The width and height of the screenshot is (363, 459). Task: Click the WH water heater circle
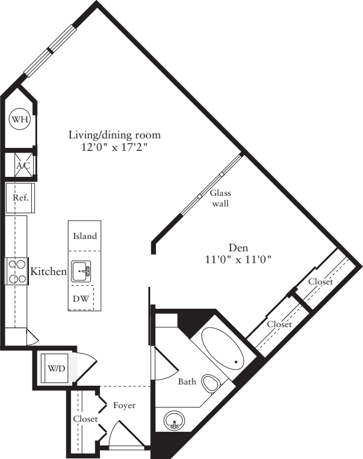[20, 120]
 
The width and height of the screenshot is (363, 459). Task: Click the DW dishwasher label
[81, 299]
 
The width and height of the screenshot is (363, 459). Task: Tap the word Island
[85, 236]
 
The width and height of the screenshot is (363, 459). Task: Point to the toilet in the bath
[209, 383]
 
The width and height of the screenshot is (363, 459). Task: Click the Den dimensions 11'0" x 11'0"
[238, 259]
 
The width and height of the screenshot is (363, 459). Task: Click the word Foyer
[124, 406]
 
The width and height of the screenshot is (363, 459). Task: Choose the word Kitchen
[48, 271]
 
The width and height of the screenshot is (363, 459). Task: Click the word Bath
[187, 382]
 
